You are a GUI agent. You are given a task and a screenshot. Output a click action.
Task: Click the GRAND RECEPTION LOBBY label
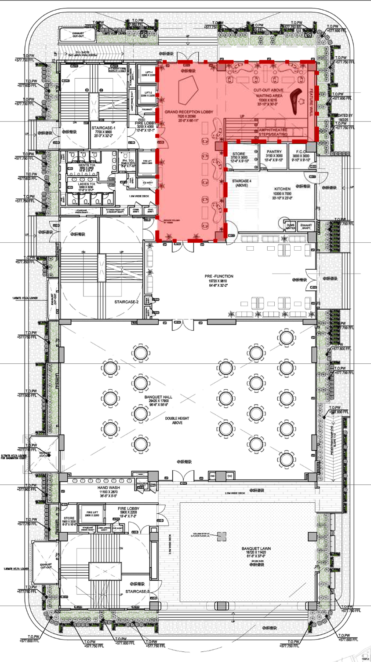[x=189, y=112]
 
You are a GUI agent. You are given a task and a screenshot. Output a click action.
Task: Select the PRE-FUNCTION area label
[x=219, y=276]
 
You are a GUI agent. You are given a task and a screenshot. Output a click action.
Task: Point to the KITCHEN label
[x=282, y=189]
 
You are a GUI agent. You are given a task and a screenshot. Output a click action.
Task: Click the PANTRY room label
[x=274, y=152]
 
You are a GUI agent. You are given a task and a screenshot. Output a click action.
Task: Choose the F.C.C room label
[x=301, y=152]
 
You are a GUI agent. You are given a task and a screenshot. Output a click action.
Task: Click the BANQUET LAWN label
[x=256, y=549]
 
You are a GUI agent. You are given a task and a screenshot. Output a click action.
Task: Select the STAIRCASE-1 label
[x=103, y=128]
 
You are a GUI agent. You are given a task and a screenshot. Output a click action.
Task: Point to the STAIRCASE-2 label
[x=127, y=302]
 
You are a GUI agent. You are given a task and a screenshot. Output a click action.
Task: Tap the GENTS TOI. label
[x=87, y=165]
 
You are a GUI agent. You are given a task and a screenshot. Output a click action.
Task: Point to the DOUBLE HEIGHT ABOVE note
[x=177, y=421]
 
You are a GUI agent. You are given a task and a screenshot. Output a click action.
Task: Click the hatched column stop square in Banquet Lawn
[x=222, y=536]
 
